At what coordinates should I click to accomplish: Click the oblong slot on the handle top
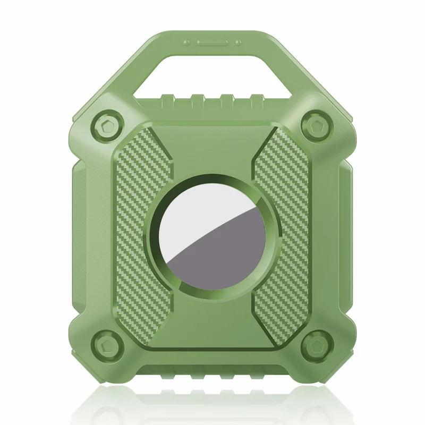point(213,42)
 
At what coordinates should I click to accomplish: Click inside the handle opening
point(212,74)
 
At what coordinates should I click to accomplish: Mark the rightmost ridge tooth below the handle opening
point(257,99)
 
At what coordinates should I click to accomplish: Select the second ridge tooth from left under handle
point(198,99)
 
